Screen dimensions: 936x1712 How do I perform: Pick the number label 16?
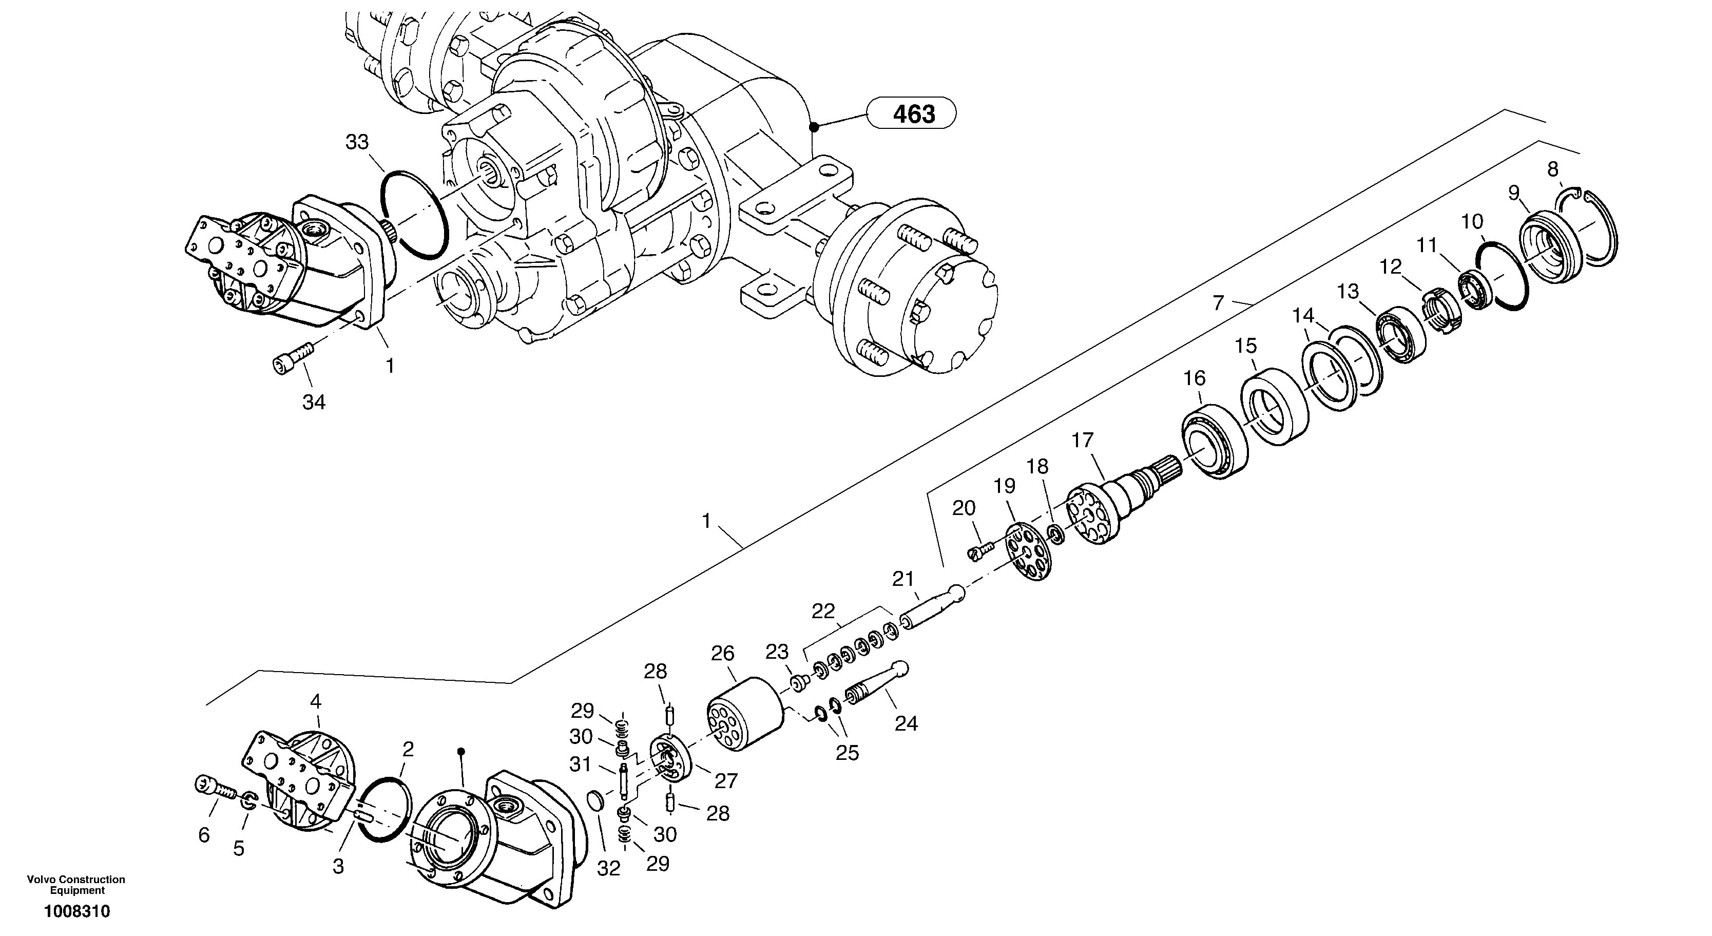pos(1194,378)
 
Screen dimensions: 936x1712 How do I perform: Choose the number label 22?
pos(823,612)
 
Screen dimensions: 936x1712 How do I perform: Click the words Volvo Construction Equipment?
pos(76,885)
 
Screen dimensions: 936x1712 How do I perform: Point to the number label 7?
pos(1218,302)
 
